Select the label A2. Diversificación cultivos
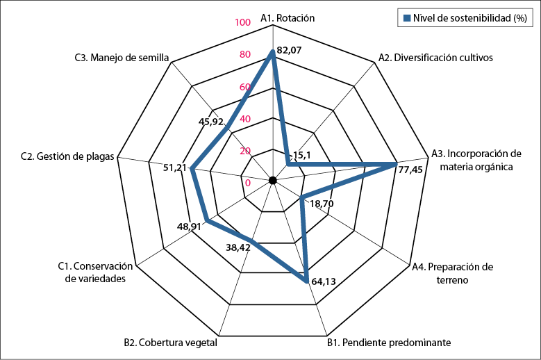point(435,58)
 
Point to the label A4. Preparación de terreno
point(451,273)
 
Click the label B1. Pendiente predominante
point(389,342)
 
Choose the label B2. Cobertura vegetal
point(171,342)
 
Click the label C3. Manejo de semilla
point(122,58)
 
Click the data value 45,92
point(211,122)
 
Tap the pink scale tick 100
point(242,22)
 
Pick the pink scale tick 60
point(244,87)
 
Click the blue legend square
point(405,17)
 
